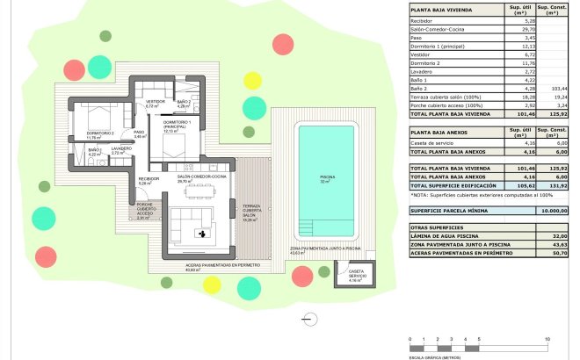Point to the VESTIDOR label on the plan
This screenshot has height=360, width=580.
156,103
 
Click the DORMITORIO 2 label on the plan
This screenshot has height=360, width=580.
101,134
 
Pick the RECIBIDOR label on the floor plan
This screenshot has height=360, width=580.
147,180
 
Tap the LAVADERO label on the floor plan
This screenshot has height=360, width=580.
120,150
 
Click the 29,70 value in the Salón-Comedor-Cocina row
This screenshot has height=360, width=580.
518,28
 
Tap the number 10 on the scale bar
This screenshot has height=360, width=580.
547,338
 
